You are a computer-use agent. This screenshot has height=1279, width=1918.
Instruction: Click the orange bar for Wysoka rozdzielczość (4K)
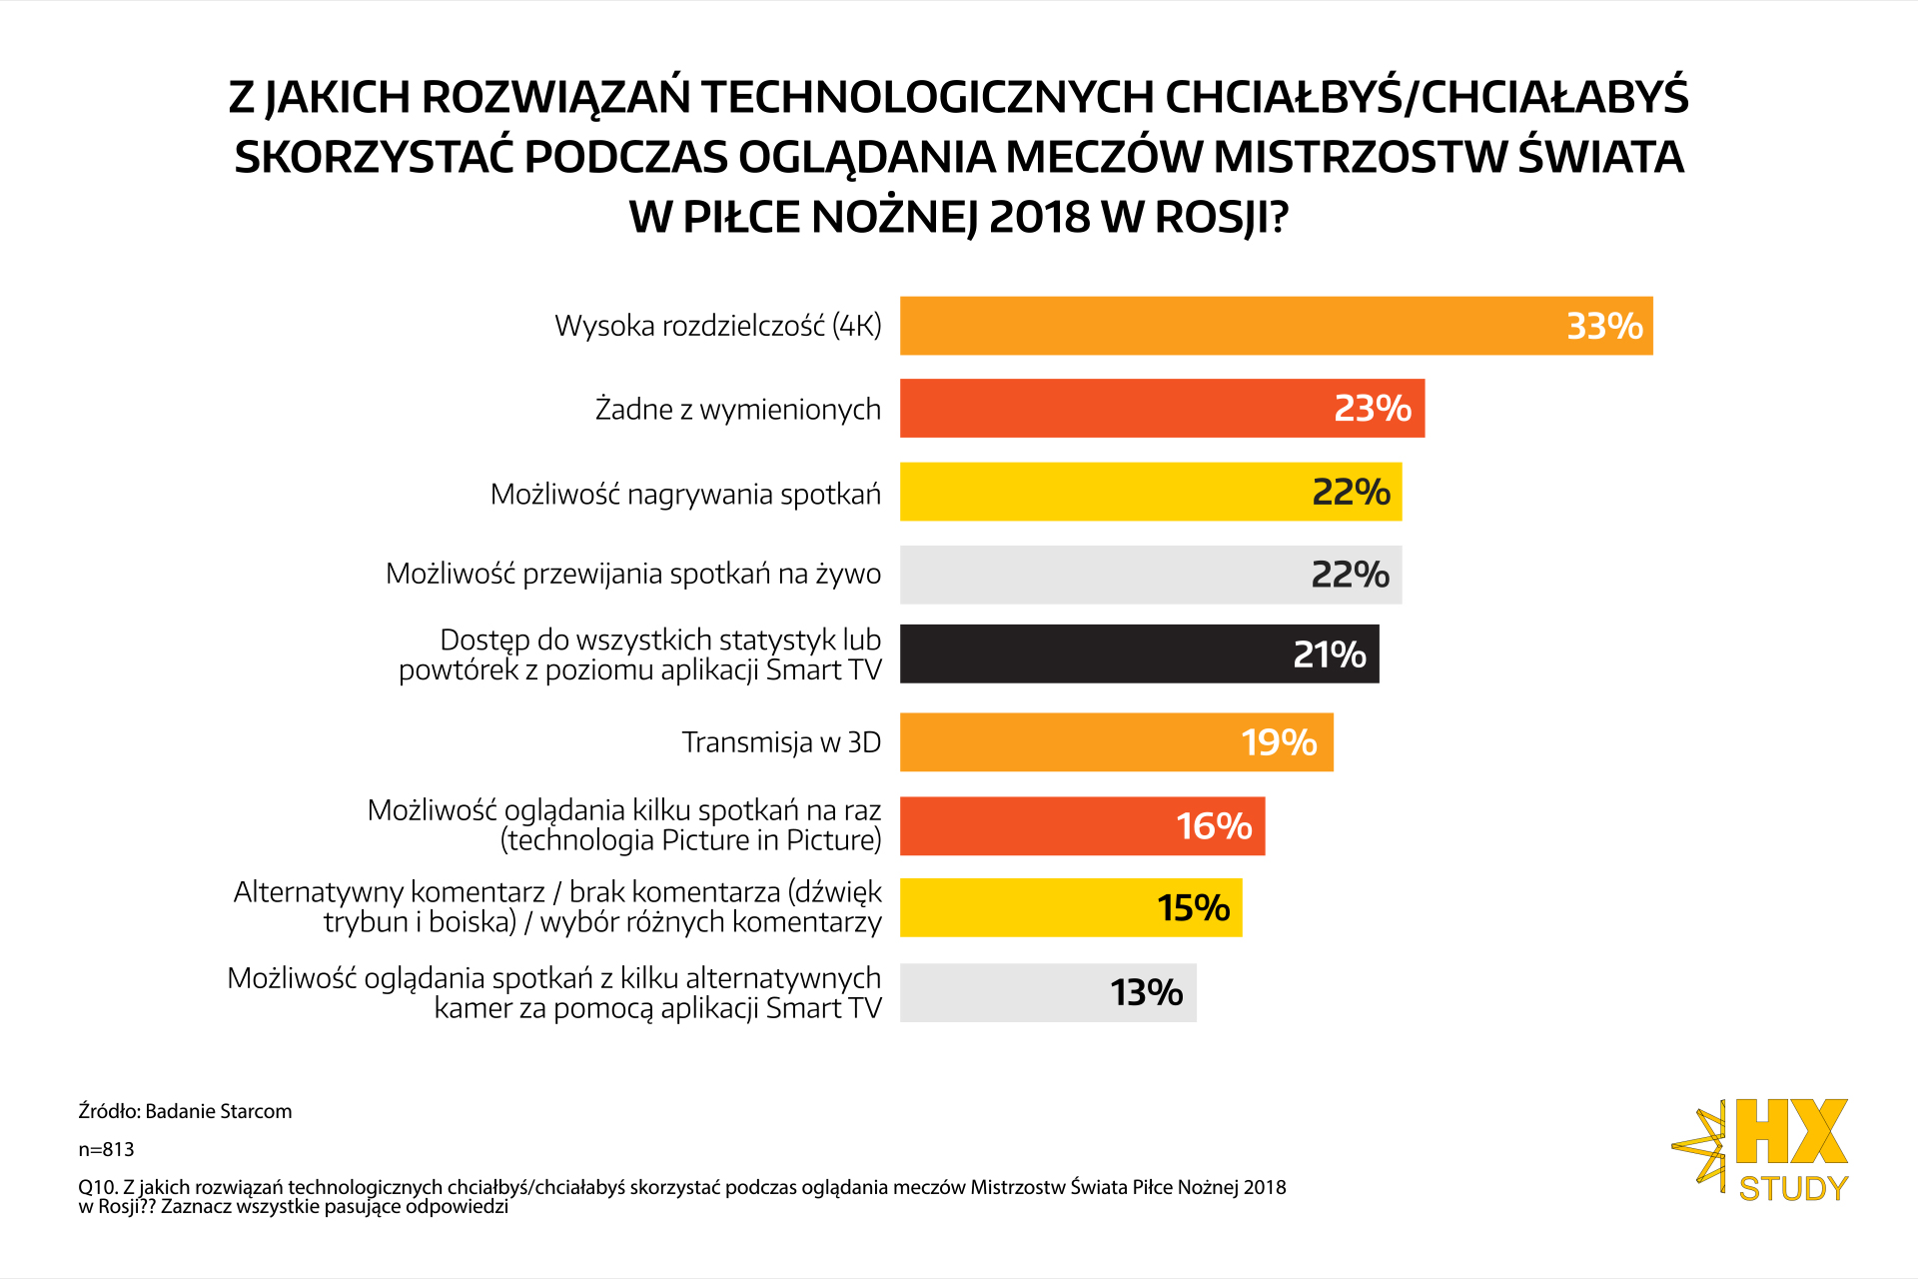pyautogui.click(x=1229, y=326)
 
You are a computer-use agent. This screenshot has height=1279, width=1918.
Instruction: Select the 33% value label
pyautogui.click(x=1604, y=326)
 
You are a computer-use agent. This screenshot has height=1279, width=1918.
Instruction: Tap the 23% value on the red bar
pyautogui.click(x=1373, y=409)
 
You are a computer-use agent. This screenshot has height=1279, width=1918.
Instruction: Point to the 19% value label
pyautogui.click(x=1279, y=742)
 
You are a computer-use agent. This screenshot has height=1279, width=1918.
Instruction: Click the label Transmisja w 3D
pyautogui.click(x=781, y=742)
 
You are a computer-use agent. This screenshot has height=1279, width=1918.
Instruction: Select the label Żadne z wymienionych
pyautogui.click(x=738, y=410)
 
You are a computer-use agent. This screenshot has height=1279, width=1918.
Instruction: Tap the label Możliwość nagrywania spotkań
pyautogui.click(x=685, y=494)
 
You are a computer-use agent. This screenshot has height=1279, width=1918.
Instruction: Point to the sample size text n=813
pyautogui.click(x=106, y=1149)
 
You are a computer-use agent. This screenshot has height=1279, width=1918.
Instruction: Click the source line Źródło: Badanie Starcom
pyautogui.click(x=185, y=1111)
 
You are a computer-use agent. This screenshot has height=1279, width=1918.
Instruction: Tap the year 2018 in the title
pyautogui.click(x=1039, y=217)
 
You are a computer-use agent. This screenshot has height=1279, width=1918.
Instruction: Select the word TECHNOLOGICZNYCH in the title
pyautogui.click(x=928, y=97)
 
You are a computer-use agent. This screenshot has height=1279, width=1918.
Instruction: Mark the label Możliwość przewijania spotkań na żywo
pyautogui.click(x=633, y=574)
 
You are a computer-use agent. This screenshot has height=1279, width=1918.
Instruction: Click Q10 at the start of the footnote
pyautogui.click(x=97, y=1187)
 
